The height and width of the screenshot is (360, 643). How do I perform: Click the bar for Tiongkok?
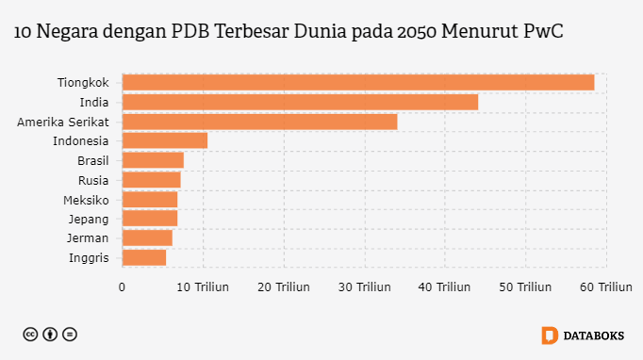click(358, 82)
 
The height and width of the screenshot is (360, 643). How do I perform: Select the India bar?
click(300, 102)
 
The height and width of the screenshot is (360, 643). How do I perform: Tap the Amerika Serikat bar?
click(259, 122)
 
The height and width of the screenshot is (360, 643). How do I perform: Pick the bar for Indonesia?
click(165, 140)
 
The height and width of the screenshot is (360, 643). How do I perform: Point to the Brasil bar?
click(153, 160)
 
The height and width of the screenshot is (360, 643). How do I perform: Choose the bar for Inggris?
click(144, 258)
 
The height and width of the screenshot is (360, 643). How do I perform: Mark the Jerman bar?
click(147, 238)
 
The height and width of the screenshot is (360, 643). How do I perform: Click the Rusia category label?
click(93, 180)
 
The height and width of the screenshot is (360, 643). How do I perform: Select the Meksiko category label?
click(86, 201)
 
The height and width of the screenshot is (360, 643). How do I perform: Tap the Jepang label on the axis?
click(89, 220)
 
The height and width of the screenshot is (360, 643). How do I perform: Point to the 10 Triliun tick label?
click(203, 287)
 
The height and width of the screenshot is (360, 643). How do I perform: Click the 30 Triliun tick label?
click(365, 287)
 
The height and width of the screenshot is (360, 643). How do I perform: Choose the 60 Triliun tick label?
click(606, 287)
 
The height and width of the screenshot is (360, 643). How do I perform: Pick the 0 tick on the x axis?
click(122, 287)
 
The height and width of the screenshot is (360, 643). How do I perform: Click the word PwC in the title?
click(543, 31)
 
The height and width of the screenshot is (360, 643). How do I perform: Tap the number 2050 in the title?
click(417, 31)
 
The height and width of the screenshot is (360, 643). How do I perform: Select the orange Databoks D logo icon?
click(550, 335)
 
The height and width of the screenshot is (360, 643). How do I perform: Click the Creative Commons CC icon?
click(30, 335)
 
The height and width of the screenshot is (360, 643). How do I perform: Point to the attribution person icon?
click(50, 335)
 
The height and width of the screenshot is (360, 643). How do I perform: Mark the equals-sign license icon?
click(70, 335)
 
